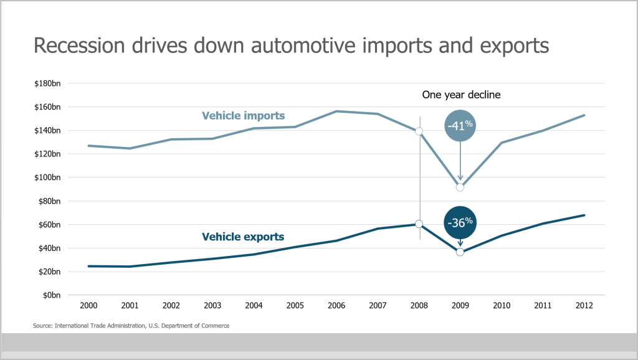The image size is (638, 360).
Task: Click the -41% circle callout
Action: pos(460,125)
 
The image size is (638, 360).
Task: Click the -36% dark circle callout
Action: pos(460,222)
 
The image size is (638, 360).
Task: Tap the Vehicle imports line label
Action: pos(243,116)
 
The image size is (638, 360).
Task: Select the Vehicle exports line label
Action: pos(243,237)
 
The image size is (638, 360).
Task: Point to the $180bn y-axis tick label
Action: pos(47,83)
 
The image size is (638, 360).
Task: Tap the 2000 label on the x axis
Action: pos(88,306)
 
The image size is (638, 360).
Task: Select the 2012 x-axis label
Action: pos(584,306)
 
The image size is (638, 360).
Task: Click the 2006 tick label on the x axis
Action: pos(336,306)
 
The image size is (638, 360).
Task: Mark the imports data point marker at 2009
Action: pos(460,187)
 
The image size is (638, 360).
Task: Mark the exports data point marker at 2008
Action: pos(419,224)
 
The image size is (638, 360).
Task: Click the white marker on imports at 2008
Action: pos(419,131)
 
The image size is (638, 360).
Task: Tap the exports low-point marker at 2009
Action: pos(460,252)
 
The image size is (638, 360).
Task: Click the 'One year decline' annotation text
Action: pos(461,95)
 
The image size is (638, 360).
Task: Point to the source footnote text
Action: pos(131,326)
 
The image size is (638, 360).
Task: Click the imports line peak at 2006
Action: pos(336,111)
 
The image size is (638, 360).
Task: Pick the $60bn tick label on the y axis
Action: pos(49,225)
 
